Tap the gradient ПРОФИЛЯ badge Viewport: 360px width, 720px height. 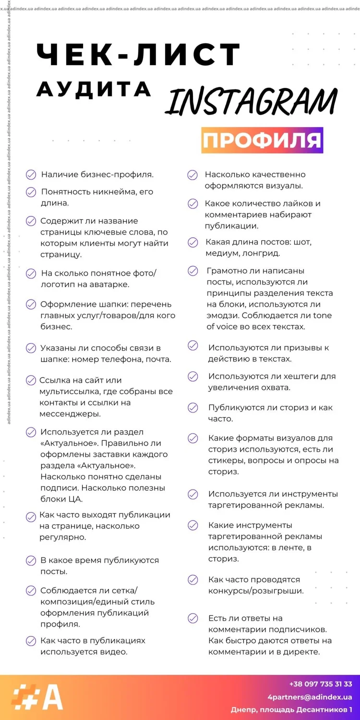click(262, 140)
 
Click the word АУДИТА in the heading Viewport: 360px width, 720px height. click(94, 89)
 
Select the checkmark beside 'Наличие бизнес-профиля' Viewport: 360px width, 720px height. click(31, 175)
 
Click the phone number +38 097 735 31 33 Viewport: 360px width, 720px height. click(321, 684)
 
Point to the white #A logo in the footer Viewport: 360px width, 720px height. click(37, 697)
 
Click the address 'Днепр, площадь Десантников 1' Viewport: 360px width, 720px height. click(291, 709)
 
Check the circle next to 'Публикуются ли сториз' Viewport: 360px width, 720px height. click(193, 408)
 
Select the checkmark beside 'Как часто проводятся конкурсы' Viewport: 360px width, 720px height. click(193, 580)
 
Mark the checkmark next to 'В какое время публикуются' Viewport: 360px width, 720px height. click(31, 561)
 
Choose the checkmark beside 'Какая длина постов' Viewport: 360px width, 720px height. click(193, 242)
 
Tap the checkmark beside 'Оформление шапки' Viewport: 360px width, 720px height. click(31, 304)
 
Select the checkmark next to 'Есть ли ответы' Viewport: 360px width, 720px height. click(193, 618)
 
